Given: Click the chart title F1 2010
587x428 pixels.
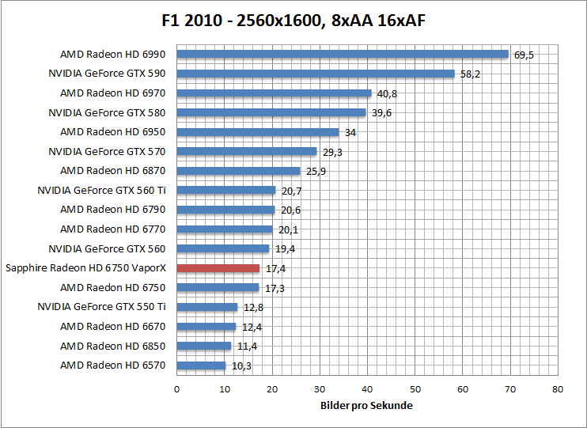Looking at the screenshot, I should (293, 20).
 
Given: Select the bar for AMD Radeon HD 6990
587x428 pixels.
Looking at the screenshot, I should (342, 55).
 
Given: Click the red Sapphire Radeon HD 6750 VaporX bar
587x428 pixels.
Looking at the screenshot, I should (218, 268).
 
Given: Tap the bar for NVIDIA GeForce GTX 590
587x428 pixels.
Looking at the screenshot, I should (315, 74).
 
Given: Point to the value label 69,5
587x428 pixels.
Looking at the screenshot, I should (524, 55).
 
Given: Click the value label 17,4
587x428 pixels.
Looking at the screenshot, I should (275, 269).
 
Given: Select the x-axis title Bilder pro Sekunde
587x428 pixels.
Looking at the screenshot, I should (366, 405).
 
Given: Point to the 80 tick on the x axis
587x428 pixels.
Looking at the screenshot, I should (558, 389).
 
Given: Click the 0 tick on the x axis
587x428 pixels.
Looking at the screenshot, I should (176, 389).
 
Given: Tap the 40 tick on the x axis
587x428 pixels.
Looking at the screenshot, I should (367, 389).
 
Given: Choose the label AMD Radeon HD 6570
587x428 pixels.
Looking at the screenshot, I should (112, 366).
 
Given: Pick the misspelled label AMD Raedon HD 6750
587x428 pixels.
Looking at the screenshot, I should (112, 288).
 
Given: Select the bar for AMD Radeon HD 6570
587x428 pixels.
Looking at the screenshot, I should (201, 366).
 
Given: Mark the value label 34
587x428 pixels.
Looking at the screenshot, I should (350, 133).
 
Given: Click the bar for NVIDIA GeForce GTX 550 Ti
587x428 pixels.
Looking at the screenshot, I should (206, 307).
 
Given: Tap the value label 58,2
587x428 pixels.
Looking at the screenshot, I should (470, 74).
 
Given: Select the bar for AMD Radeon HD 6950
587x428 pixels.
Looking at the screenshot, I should (257, 132).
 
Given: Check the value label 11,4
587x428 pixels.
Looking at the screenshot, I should (247, 347).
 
